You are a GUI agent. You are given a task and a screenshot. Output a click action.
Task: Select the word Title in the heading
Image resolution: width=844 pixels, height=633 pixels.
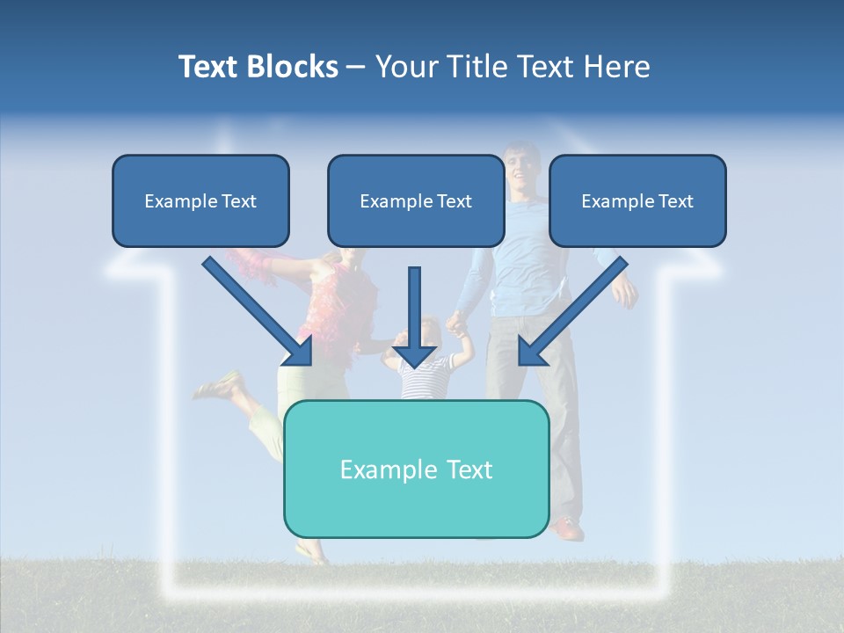(x=479, y=67)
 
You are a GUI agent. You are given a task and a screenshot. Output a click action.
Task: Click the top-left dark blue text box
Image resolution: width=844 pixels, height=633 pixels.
(x=200, y=200)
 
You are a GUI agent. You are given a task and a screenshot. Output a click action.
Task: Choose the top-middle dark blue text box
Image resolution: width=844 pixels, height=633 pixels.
(x=416, y=200)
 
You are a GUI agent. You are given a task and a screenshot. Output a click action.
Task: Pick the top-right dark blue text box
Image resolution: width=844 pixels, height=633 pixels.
(x=637, y=200)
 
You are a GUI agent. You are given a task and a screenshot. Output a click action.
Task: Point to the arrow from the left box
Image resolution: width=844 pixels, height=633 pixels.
(x=259, y=313)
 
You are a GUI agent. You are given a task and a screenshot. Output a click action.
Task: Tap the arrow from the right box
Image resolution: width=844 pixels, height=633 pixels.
(x=572, y=312)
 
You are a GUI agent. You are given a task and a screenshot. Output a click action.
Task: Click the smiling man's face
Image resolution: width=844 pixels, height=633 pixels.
(x=521, y=168)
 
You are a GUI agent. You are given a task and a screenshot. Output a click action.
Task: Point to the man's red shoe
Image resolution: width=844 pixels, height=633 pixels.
(x=567, y=529)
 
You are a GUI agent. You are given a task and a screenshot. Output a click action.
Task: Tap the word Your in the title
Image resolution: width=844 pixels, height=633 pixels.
(x=407, y=67)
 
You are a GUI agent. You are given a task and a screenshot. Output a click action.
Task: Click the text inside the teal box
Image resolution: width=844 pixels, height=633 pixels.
(x=416, y=469)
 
